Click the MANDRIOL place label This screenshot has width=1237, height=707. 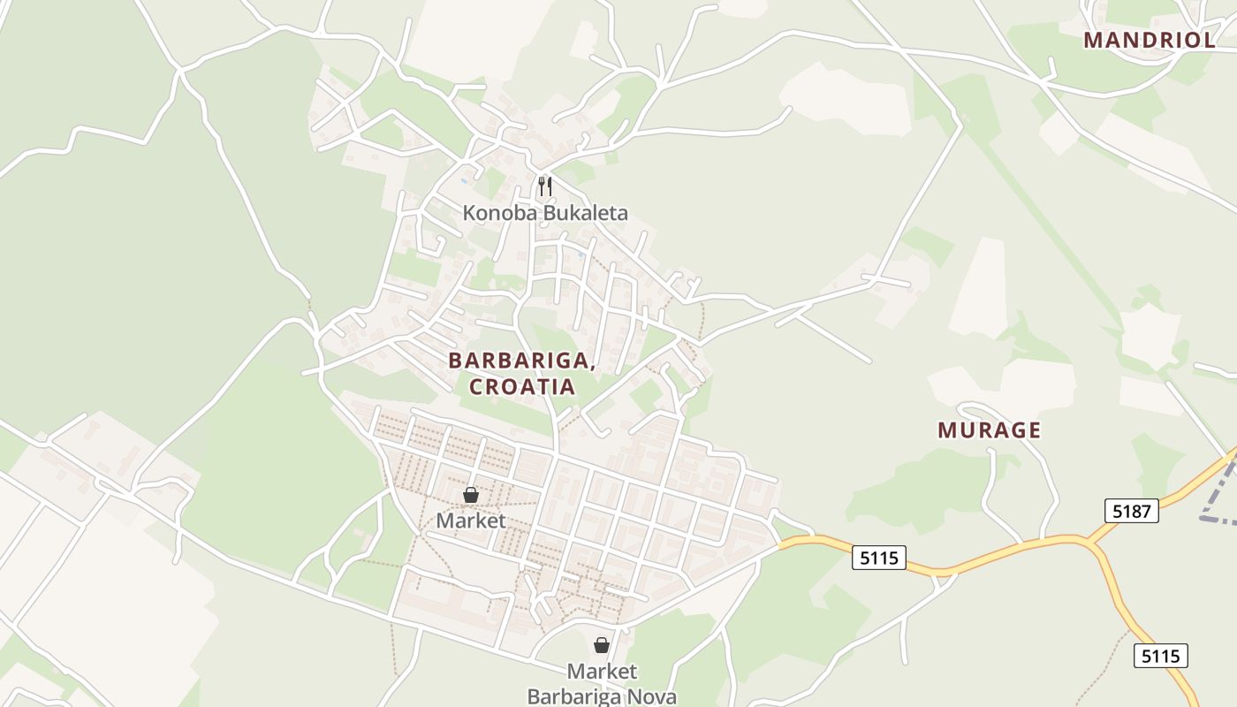tap(1150, 41)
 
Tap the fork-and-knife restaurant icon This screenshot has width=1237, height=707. tap(545, 186)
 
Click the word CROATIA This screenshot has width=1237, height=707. tap(522, 387)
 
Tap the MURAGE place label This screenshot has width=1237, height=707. tap(989, 430)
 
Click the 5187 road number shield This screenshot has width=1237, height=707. tap(1131, 510)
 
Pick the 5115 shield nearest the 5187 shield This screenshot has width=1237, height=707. tap(1161, 656)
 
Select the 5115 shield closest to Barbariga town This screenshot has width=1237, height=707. tap(880, 558)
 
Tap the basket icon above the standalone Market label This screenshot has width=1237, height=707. tap(471, 495)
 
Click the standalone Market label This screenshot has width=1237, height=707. tap(471, 521)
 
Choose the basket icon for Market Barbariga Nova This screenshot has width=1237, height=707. tap(602, 645)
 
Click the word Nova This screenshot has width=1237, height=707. tap(650, 696)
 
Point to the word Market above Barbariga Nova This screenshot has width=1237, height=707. tap(602, 672)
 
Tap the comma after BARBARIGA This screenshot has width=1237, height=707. tap(590, 366)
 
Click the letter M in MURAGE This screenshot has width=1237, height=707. tap(946, 430)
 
